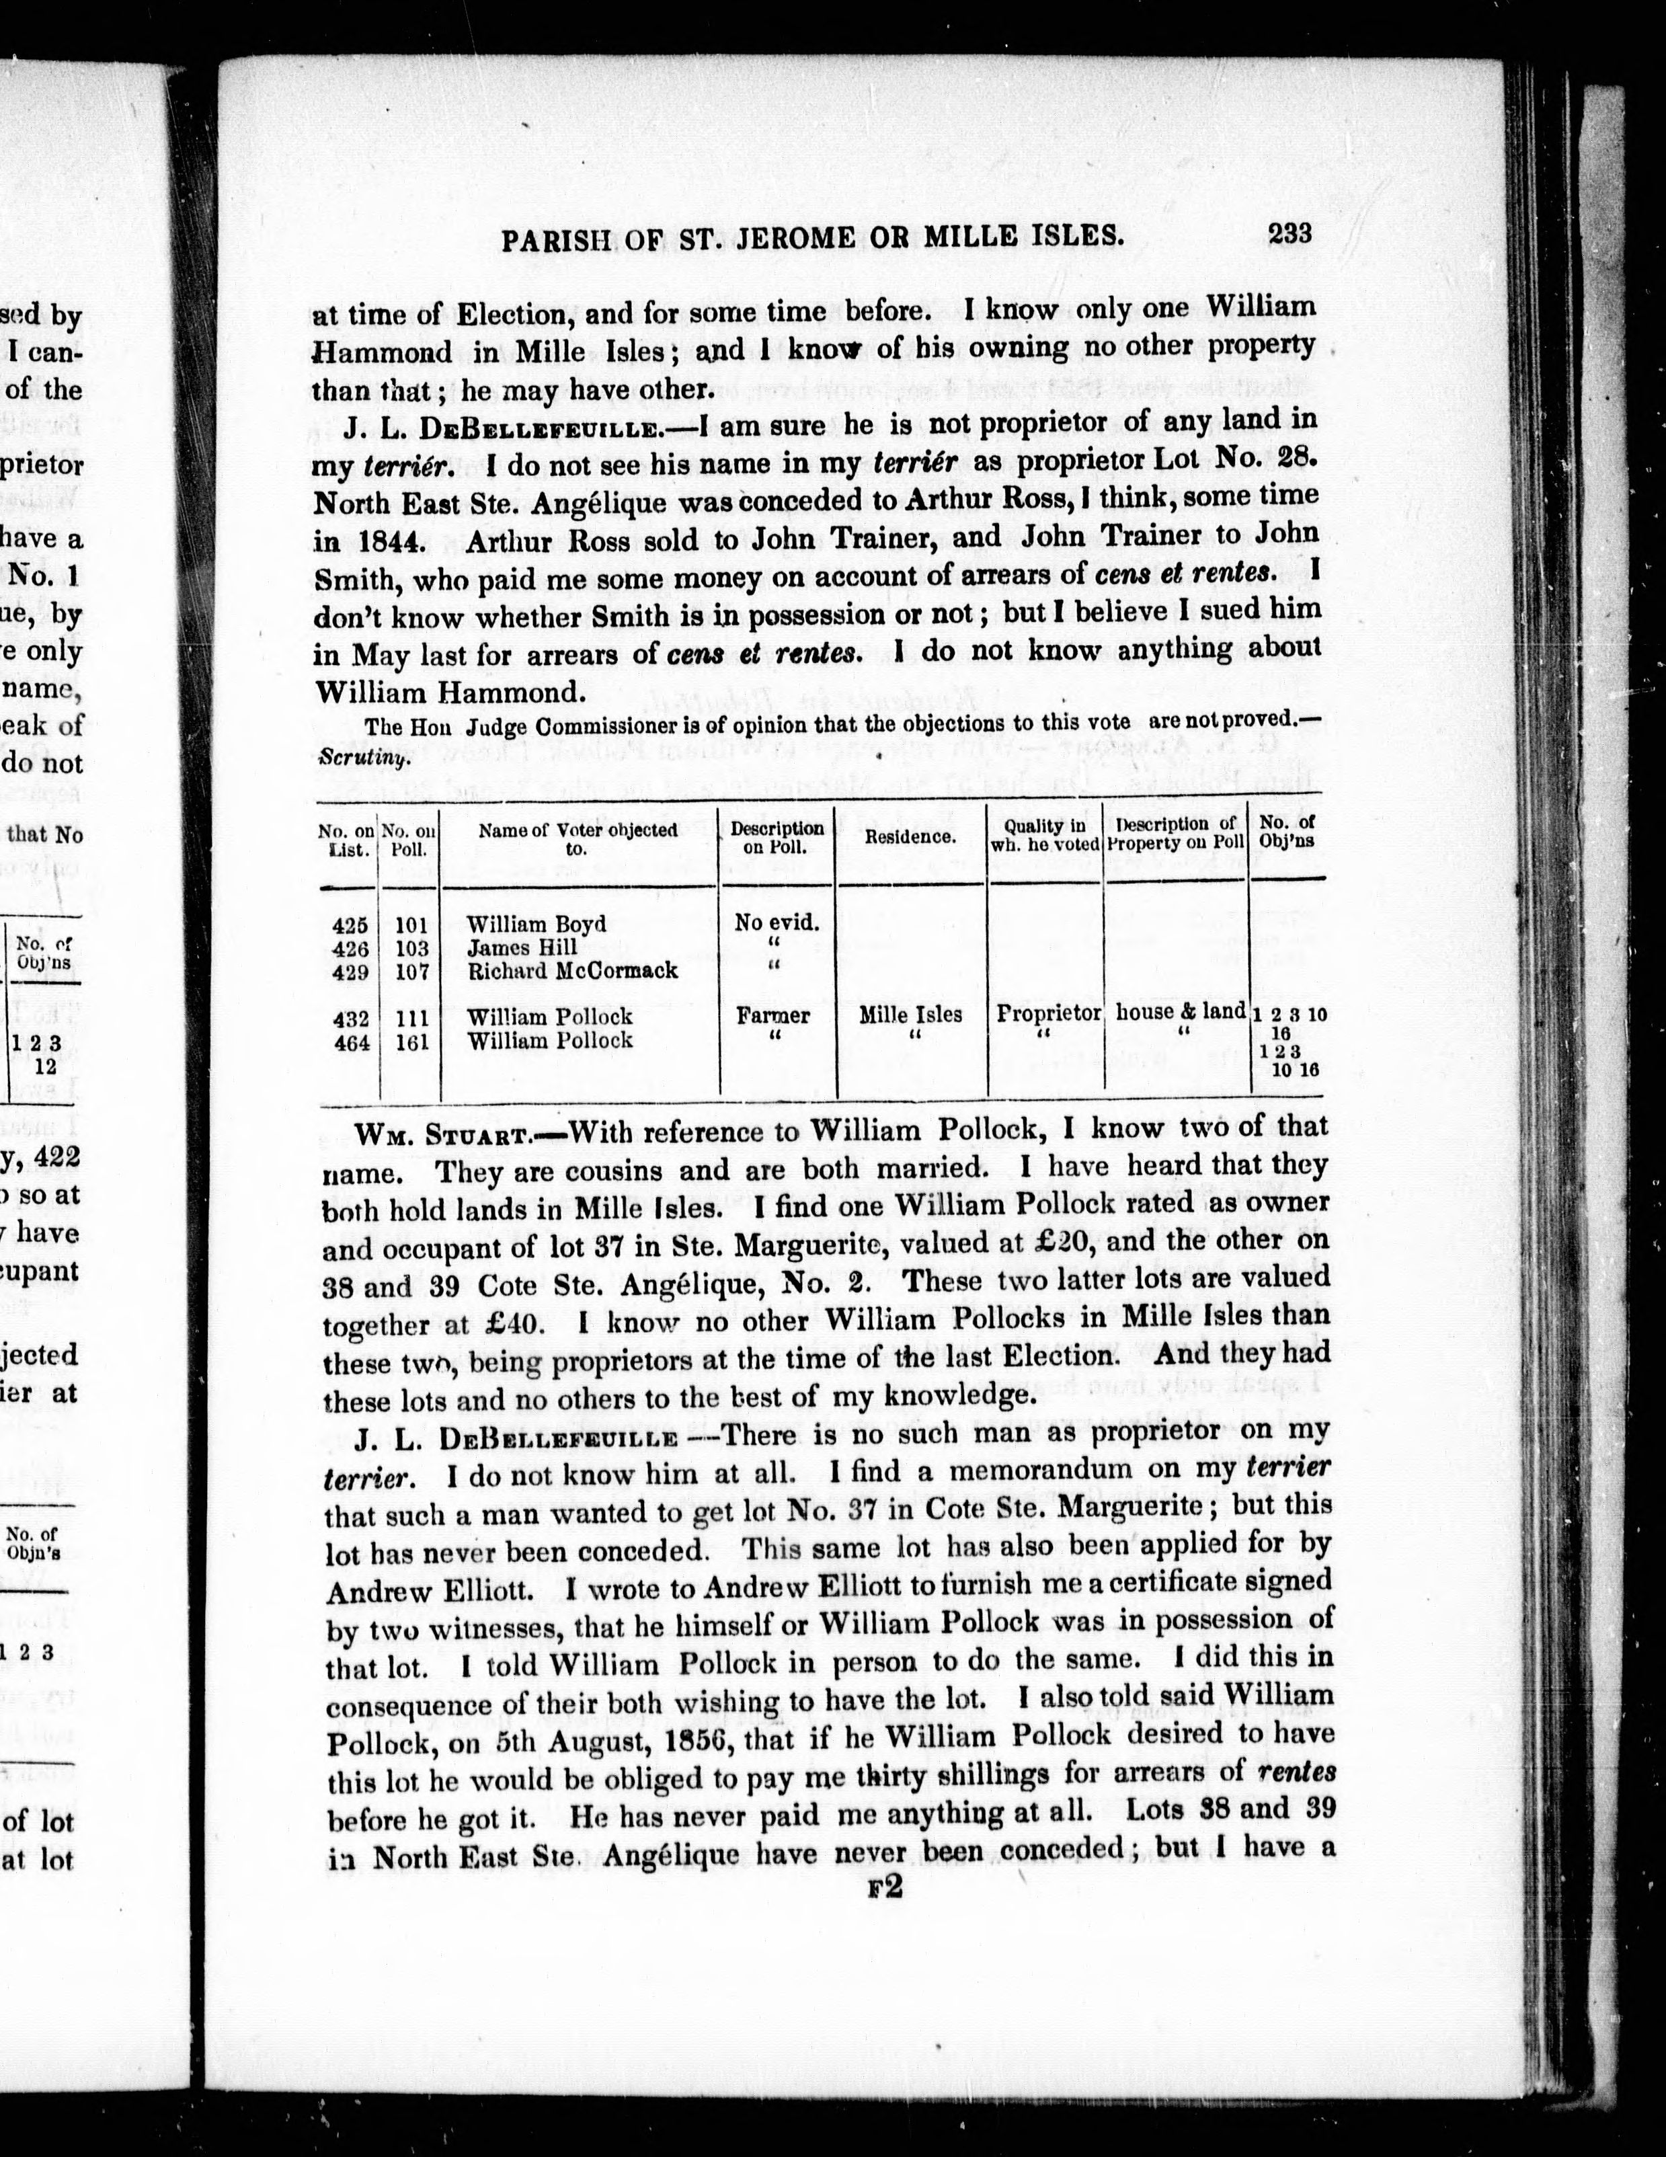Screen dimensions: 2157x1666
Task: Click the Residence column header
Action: [x=910, y=836]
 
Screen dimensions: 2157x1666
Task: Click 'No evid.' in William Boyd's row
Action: [x=777, y=923]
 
